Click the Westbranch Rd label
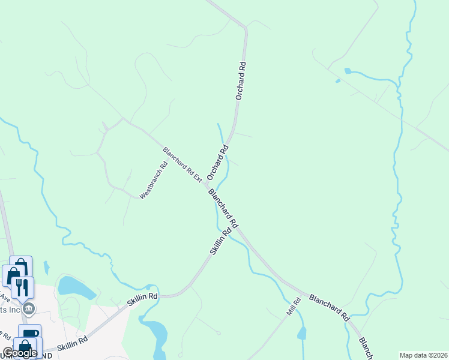pyautogui.click(x=153, y=181)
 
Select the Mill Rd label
pyautogui.click(x=292, y=307)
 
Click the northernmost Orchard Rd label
pyautogui.click(x=241, y=79)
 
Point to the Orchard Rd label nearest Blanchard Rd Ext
pyautogui.click(x=217, y=162)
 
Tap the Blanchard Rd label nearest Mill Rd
pyautogui.click(x=329, y=306)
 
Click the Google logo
pyautogui.click(x=20, y=353)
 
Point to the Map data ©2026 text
pyautogui.click(x=423, y=355)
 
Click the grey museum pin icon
pyautogui.click(x=29, y=308)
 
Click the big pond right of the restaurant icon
pyautogui.click(x=75, y=287)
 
